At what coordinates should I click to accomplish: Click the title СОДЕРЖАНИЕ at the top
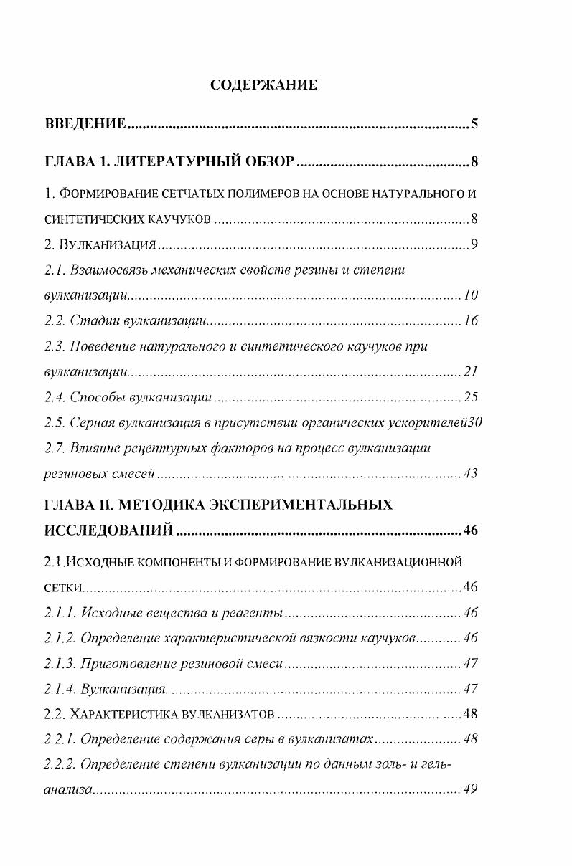point(264,85)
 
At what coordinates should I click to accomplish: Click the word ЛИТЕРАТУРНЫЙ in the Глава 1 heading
point(197,161)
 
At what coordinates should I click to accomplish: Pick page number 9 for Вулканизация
point(474,246)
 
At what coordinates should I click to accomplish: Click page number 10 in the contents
point(471,295)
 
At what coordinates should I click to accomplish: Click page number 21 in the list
point(471,372)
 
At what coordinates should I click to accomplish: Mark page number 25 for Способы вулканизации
point(471,397)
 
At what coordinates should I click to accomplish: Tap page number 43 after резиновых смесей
point(471,474)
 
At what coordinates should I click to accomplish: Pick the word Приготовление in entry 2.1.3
point(126,663)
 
